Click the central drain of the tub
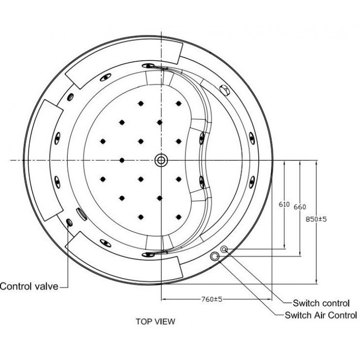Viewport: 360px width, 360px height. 161,160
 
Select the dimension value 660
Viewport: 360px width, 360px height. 299,207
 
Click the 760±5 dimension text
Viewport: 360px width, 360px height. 212,299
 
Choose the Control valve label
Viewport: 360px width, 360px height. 29,286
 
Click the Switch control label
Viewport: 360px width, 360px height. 321,303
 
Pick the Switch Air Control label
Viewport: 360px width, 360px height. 321,315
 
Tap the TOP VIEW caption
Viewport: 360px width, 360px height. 155,321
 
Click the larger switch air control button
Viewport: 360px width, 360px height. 215,256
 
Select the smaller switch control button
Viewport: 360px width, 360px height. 224,250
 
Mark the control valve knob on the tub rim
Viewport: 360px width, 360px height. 69,222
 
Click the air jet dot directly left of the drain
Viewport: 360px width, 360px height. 122,160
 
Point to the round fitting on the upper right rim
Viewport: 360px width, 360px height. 224,89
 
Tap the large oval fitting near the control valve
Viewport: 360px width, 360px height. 81,213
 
